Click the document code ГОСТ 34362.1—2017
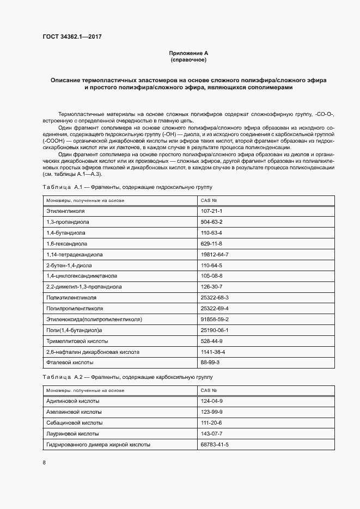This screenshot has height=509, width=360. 72,37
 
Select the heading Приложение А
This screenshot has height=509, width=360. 188,53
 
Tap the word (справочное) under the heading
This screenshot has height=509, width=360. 188,59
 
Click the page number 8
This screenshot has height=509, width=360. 44,463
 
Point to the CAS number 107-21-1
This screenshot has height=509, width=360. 211,211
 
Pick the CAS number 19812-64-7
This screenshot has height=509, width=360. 215,254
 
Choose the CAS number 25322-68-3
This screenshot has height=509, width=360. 215,298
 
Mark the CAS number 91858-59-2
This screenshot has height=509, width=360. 215,320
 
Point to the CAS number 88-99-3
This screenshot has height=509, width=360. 210,362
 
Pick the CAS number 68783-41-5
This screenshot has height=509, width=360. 215,445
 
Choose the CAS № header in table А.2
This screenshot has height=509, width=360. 209,390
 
